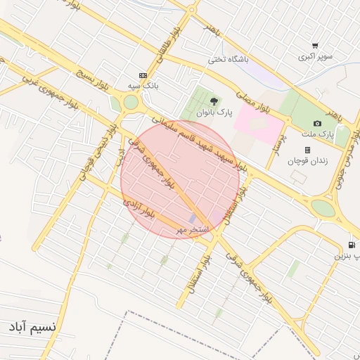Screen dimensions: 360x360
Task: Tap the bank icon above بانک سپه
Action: (143, 75)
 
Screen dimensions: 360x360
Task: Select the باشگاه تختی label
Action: (229, 60)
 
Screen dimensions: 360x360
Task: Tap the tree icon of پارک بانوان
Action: (214, 101)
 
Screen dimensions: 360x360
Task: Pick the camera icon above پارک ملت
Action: (317, 124)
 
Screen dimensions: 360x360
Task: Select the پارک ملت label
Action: (320, 134)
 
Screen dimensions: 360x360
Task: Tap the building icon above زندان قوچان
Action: (307, 150)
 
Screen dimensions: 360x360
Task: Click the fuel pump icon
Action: (351, 245)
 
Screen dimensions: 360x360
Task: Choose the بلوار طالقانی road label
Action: (173, 44)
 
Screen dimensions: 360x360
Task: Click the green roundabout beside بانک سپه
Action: (131, 103)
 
